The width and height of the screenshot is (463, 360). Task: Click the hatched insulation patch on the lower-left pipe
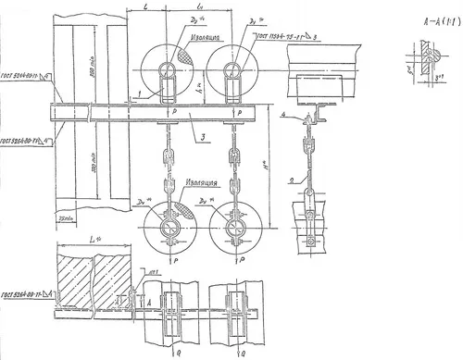click(185, 210)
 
